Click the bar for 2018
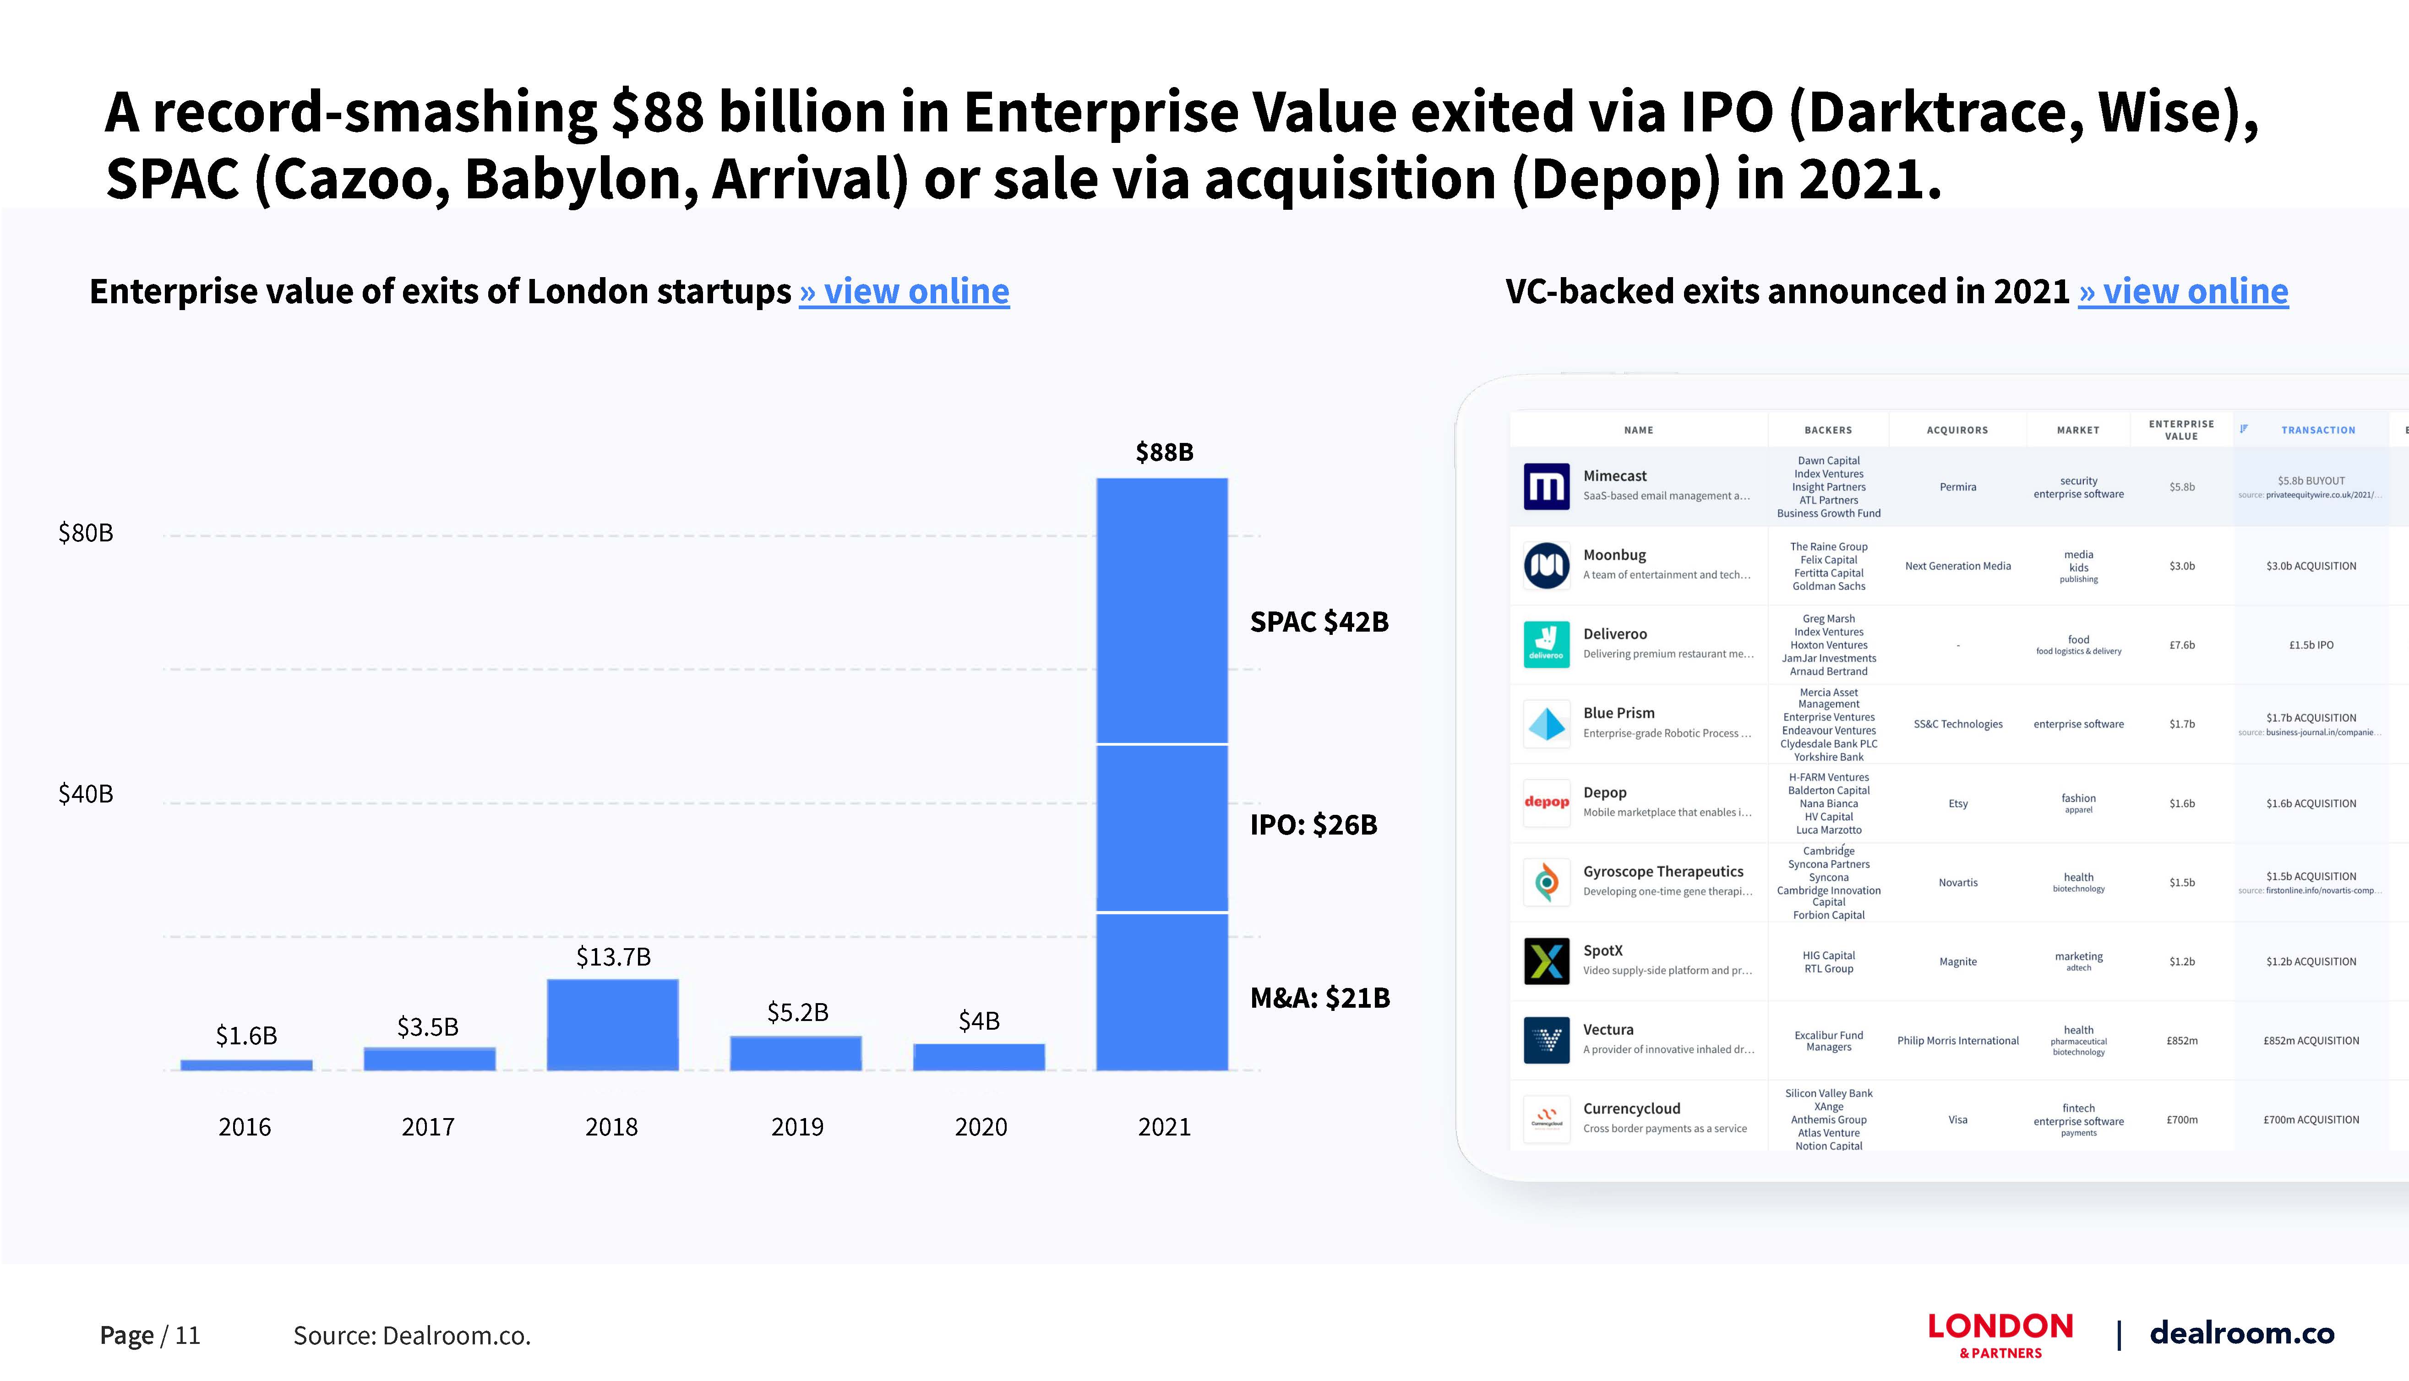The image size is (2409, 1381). pos(612,1024)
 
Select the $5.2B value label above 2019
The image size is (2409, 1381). pos(797,1012)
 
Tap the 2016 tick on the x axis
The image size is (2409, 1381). pos(245,1127)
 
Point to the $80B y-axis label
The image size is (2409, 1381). pos(85,533)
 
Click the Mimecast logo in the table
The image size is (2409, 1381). pos(1546,486)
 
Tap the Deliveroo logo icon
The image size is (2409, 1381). pos(1546,645)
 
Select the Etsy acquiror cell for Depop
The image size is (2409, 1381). pos(1958,803)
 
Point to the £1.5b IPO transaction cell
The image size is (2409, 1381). pos(2311,645)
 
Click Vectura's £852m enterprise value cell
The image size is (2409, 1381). pos(2181,1041)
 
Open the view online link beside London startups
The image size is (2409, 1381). pos(905,291)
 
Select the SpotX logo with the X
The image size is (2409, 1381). pos(1546,962)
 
